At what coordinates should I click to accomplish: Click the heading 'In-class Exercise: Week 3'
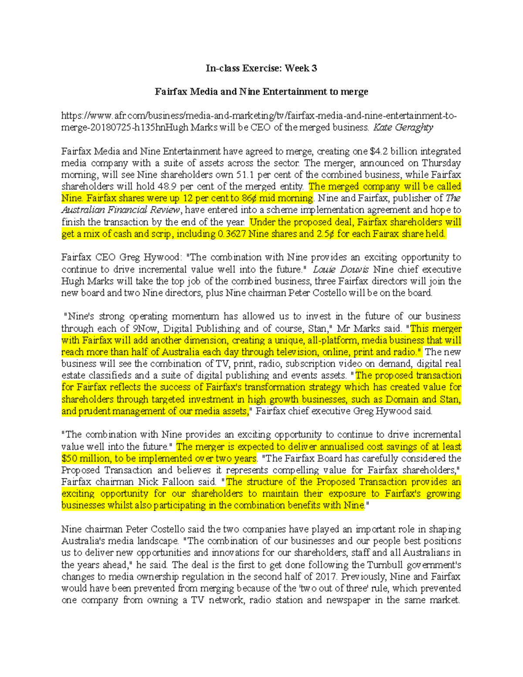tap(261, 68)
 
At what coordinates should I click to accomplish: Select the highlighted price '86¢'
tap(249, 198)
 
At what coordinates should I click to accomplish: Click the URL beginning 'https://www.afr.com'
tap(259, 116)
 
